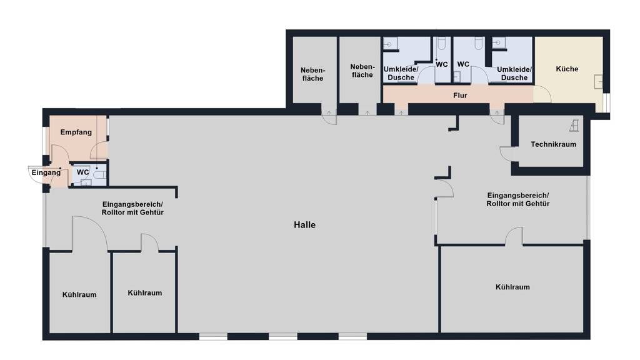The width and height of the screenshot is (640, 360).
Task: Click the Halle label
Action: pos(304,225)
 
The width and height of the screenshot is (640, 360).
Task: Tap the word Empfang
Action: pos(76,132)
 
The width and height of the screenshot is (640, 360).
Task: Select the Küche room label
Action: pos(567,69)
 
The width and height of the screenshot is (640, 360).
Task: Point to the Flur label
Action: pos(460,96)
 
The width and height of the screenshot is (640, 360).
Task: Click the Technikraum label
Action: pos(554,144)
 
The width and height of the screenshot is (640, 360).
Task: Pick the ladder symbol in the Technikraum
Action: pos(574,126)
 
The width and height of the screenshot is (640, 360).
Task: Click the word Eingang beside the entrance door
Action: pos(46,172)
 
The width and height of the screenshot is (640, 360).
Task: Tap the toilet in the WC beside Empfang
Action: pos(100,175)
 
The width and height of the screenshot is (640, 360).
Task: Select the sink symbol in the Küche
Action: pos(598,82)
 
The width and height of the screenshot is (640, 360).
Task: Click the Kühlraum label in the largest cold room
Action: pos(512,287)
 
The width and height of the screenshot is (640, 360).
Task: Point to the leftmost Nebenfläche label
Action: pos(312,74)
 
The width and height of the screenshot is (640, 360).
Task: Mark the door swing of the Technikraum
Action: pos(506,154)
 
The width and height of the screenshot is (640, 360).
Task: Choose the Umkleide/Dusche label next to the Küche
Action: pos(514,74)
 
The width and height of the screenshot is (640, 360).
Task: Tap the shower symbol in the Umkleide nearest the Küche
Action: pos(498,43)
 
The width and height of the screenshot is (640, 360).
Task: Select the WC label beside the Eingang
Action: pos(83,172)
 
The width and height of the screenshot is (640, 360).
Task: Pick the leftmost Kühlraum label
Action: pos(79,295)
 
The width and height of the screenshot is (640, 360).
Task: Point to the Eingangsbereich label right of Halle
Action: pos(518,199)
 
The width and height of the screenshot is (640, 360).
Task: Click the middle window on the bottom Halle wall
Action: pos(283,337)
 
